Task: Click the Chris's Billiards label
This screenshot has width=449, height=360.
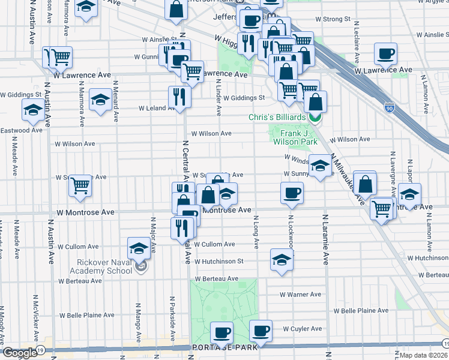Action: tap(279, 117)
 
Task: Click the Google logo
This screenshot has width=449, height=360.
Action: tap(20, 353)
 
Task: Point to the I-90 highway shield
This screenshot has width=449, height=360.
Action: tap(390, 107)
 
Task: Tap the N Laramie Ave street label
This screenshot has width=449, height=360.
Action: tap(326, 240)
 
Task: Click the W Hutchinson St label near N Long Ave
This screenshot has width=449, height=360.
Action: tap(222, 261)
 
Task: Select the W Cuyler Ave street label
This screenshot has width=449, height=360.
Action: tap(303, 329)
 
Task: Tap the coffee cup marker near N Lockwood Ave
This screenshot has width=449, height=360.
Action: tap(292, 193)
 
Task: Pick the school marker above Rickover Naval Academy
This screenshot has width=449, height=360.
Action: tap(139, 248)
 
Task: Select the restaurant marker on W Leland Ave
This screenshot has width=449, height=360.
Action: tap(179, 95)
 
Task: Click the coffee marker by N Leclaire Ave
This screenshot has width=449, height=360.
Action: tap(385, 53)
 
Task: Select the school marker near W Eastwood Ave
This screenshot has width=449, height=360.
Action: tap(32, 109)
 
